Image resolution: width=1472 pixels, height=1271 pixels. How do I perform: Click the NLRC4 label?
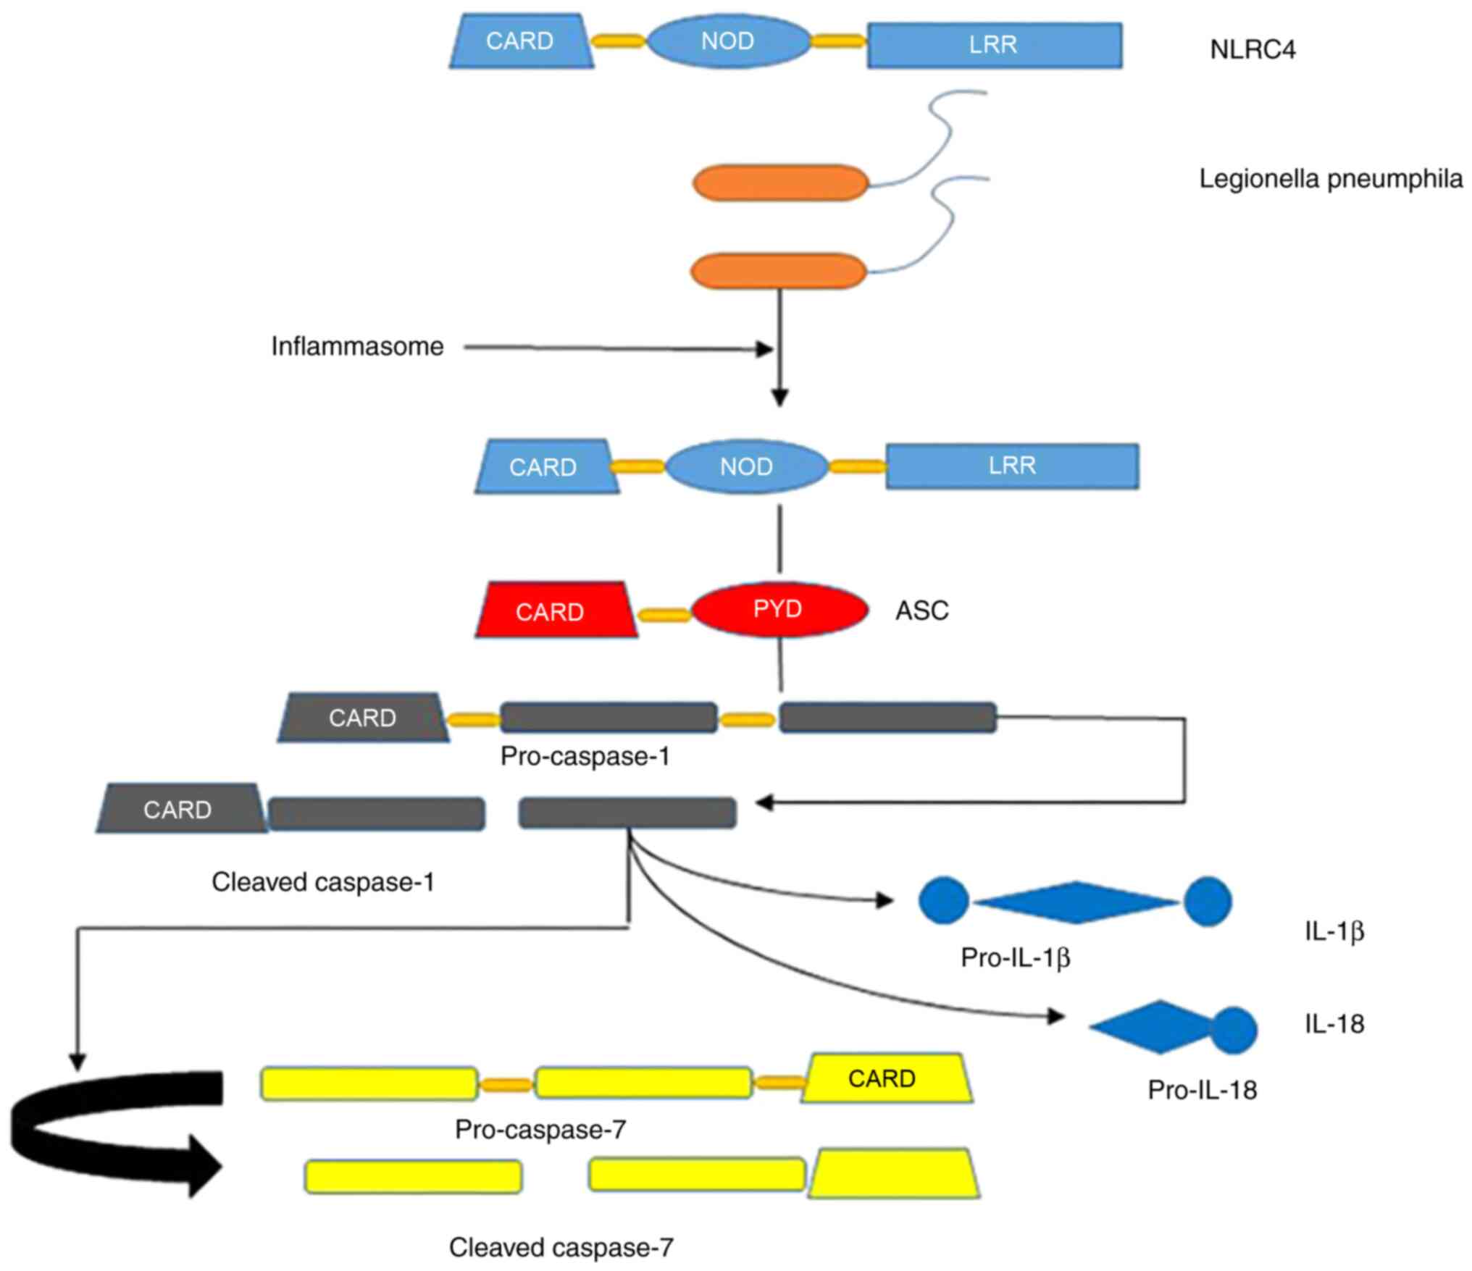coord(1253,50)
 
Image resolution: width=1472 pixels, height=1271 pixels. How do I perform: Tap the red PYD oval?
coord(779,609)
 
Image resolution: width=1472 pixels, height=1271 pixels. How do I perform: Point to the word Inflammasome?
coord(357,346)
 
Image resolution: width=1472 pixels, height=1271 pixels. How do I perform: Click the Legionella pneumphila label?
coord(1331,179)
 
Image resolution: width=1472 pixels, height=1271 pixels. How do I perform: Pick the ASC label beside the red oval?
coord(921,611)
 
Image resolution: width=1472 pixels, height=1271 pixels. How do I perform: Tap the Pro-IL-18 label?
coord(1202,1089)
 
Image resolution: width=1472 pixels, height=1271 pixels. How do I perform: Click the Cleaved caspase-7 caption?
coord(561,1247)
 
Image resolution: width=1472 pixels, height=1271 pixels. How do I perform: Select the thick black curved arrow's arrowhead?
coord(206,1167)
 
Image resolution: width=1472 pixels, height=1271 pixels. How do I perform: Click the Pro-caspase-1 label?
coord(585,756)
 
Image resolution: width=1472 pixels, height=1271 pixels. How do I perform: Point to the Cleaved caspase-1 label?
coord(323,881)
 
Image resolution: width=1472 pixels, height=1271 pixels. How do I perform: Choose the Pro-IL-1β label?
coord(1015,957)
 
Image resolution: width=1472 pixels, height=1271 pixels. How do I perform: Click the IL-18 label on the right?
coord(1334,1023)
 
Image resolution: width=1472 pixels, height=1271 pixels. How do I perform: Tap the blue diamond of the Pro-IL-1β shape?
coord(1076,902)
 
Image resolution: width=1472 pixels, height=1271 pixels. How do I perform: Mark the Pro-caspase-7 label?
coord(540,1129)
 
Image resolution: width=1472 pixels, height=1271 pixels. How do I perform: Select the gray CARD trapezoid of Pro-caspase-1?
coord(363,718)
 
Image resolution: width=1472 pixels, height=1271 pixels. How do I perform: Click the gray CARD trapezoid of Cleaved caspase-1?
coord(179,809)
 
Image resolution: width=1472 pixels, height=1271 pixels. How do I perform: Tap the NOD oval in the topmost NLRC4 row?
coord(728,41)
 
